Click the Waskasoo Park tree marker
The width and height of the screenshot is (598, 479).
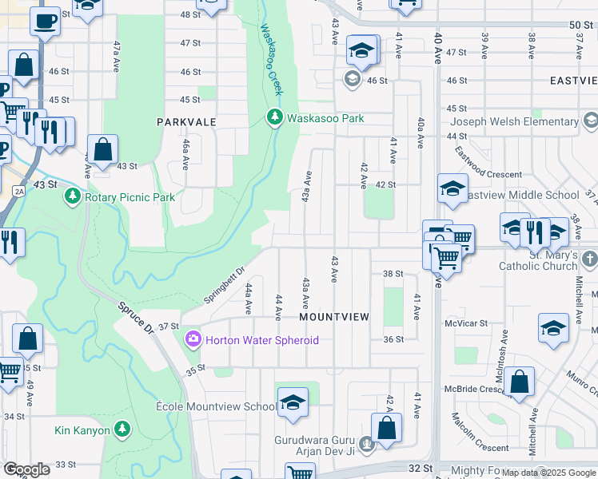point(275,118)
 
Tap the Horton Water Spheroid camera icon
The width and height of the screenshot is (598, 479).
point(193,340)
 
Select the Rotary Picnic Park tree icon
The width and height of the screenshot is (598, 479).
point(72,196)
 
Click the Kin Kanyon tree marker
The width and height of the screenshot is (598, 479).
point(122,430)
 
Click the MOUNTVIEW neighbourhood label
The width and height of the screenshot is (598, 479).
point(334,317)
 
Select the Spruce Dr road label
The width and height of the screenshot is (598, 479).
point(135,317)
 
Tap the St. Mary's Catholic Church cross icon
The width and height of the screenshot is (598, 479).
point(590,259)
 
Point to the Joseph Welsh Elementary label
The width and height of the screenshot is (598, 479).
point(514,122)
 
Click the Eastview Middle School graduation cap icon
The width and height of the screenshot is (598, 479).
point(452,190)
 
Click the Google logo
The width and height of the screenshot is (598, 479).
point(27,469)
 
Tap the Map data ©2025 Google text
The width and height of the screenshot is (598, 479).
point(547,473)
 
